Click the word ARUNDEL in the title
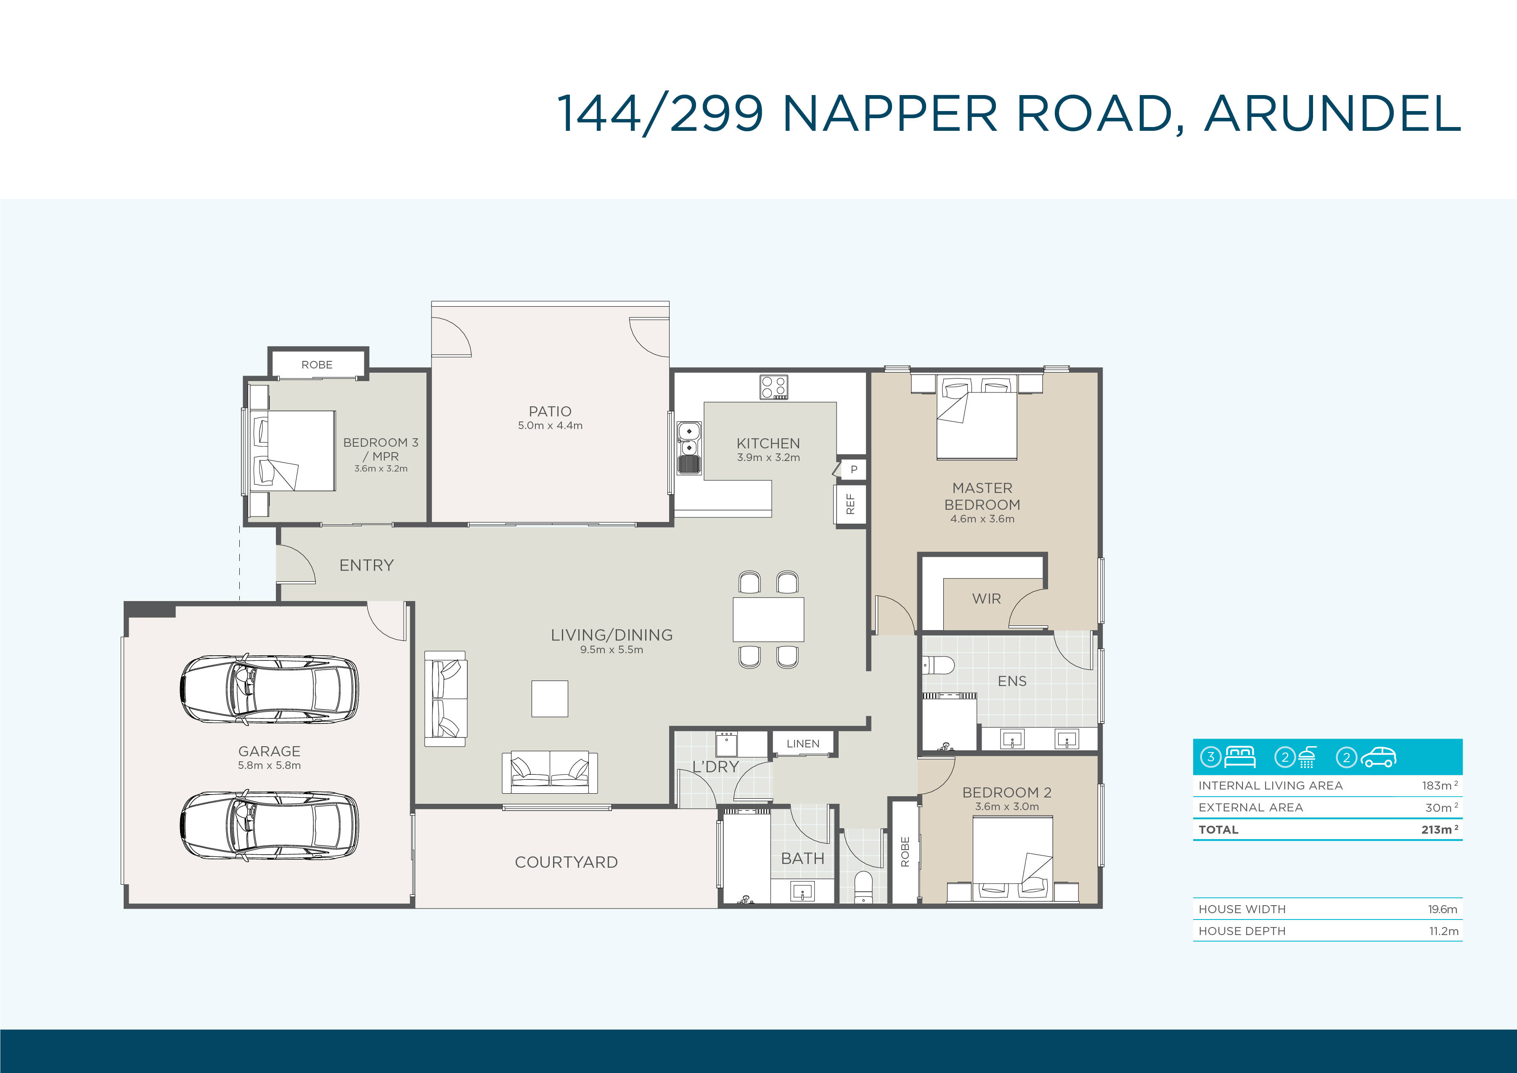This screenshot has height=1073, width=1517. point(1332,113)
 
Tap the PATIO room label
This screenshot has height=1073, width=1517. point(550,411)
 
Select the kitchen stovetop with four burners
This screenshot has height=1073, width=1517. point(774,387)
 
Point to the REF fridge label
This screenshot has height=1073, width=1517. point(850,504)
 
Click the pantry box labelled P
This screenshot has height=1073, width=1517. point(853,469)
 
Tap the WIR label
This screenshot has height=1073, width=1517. point(986,599)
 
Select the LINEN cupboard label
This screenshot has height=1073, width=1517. point(803,743)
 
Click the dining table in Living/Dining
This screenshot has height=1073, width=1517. point(768,619)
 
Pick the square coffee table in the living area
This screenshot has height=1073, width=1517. point(550,698)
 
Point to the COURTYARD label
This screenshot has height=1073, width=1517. point(566,862)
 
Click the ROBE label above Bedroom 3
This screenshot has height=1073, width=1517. point(317,365)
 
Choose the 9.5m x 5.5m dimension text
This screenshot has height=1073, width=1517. point(612,649)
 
